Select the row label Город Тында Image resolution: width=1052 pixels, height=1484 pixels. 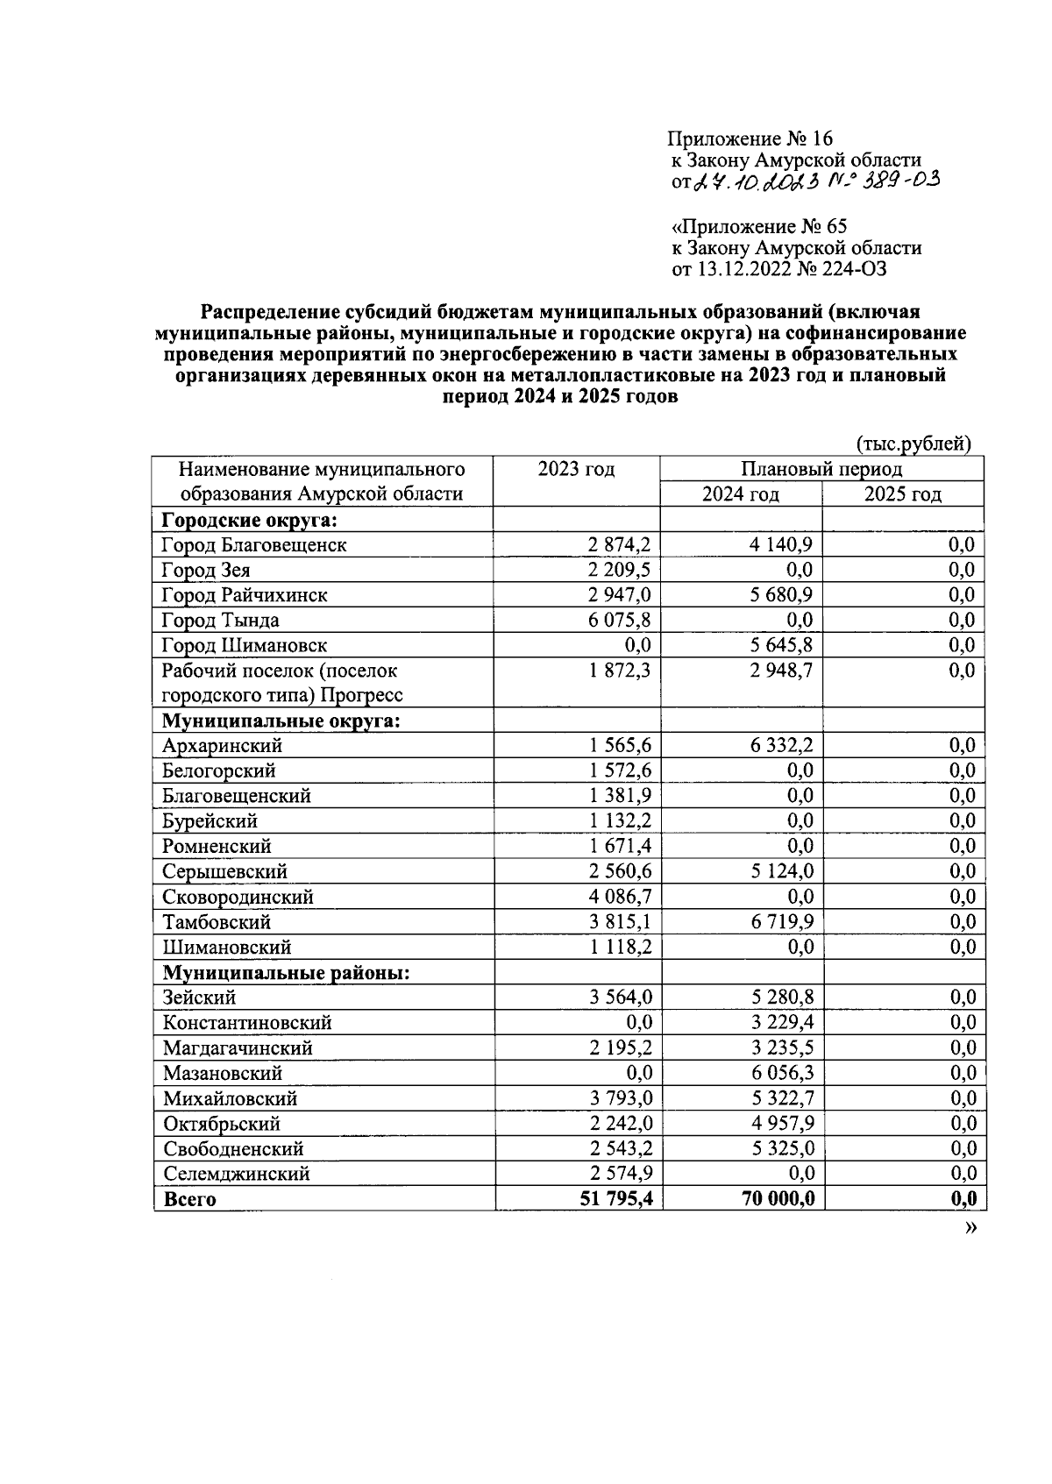220,621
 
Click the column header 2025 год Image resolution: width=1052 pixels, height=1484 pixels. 902,494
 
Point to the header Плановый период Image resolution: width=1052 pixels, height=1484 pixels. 821,469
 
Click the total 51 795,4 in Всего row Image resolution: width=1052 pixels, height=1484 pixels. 615,1198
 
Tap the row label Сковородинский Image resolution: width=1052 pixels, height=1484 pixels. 238,897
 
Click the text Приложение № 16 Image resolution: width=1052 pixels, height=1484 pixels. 750,138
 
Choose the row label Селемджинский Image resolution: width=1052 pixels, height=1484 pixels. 236,1174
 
